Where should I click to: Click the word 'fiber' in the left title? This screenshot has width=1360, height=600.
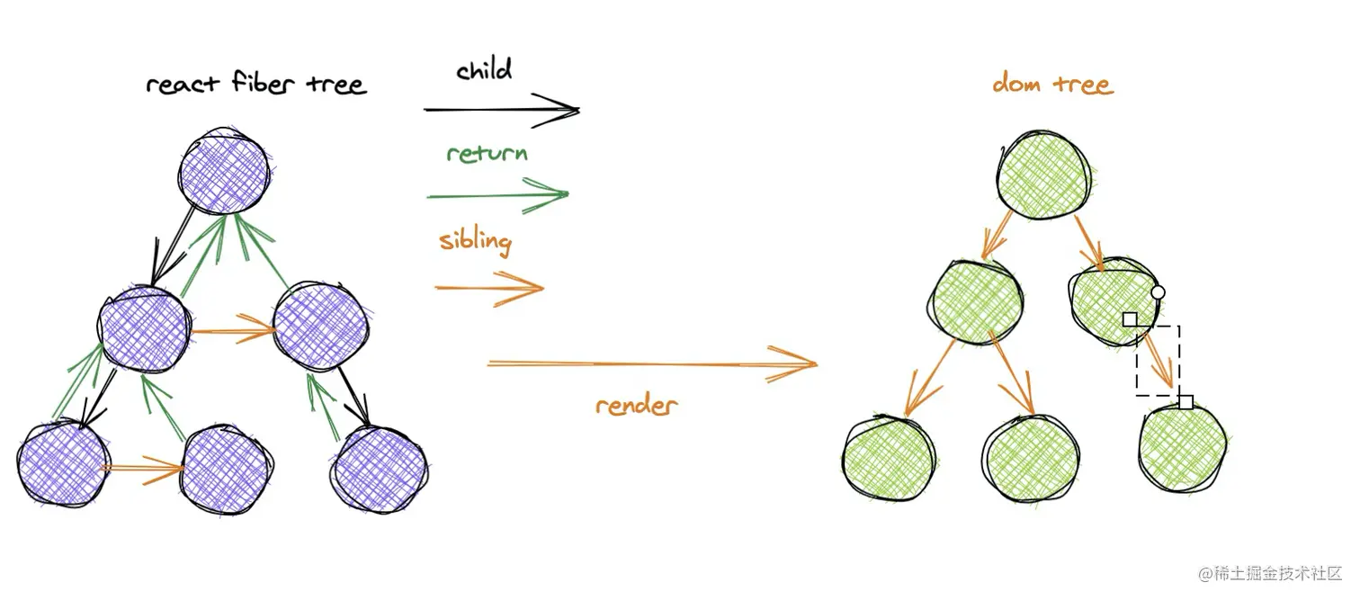point(263,83)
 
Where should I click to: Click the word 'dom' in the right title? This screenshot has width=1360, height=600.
point(1017,82)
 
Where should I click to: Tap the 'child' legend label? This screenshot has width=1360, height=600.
point(484,69)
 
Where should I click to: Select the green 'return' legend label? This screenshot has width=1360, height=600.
point(487,153)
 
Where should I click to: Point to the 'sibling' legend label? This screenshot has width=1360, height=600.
point(476,241)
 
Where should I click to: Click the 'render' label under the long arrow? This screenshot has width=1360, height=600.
point(636,405)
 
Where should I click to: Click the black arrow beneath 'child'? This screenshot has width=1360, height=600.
point(502,110)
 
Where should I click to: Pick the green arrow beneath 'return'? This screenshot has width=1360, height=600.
point(498,195)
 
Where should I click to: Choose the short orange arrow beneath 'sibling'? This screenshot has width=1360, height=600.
point(489,288)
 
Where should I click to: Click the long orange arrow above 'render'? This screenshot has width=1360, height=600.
point(653,364)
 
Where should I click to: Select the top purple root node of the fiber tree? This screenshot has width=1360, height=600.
point(225,171)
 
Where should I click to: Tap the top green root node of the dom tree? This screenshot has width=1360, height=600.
point(1043,175)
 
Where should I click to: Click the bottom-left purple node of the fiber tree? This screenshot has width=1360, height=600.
point(64,462)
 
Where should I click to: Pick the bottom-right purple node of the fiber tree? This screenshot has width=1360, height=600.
point(380,470)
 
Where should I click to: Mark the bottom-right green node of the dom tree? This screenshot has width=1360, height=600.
point(1182,448)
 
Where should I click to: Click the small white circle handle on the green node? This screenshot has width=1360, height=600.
point(1158,292)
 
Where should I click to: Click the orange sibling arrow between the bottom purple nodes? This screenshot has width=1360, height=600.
point(143,469)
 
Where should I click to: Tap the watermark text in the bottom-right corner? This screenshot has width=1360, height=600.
point(1269,573)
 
